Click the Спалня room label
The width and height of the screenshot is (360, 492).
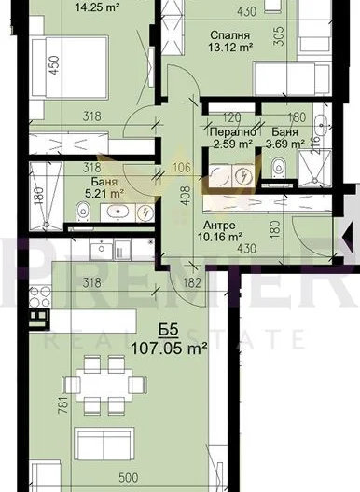coord(230,35)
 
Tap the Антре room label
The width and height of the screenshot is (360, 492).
coord(219,225)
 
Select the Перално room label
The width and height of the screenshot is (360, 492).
coord(233,132)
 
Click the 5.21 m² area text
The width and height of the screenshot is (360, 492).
coord(104,193)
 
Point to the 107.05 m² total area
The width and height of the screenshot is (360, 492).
coord(169,348)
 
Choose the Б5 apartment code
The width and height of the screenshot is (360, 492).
coord(169,331)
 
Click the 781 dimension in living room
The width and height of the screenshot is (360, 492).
coord(62,404)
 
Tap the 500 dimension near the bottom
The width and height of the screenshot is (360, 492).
coord(129,478)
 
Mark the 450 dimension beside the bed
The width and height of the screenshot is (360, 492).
coord(54,65)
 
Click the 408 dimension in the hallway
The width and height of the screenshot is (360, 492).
coord(186,196)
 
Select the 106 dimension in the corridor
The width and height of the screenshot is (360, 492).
coord(182,168)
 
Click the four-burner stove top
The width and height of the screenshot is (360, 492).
coord(40,297)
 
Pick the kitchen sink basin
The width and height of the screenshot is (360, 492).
coord(101,249)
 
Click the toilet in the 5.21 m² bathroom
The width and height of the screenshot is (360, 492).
coord(83,210)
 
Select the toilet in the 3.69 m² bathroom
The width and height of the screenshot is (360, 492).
coord(278,166)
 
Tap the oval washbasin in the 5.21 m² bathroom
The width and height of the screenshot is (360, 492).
coord(118,212)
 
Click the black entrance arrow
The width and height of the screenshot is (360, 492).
coord(349,235)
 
